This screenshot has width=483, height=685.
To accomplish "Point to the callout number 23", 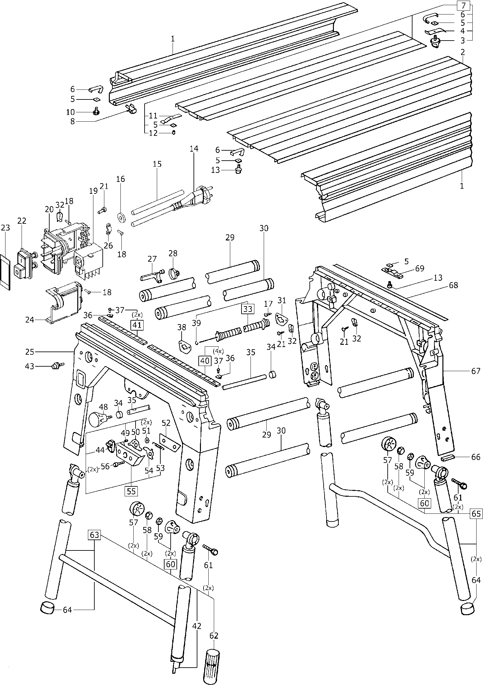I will click(5, 228).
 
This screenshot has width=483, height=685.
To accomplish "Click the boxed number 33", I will click(248, 309).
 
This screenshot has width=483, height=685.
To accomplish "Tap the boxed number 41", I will click(137, 326).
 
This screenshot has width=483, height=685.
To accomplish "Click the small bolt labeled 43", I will click(56, 366).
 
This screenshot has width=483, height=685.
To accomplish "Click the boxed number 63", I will click(94, 535).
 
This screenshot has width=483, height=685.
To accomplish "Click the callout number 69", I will click(420, 268).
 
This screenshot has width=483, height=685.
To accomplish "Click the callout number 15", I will click(157, 164).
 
